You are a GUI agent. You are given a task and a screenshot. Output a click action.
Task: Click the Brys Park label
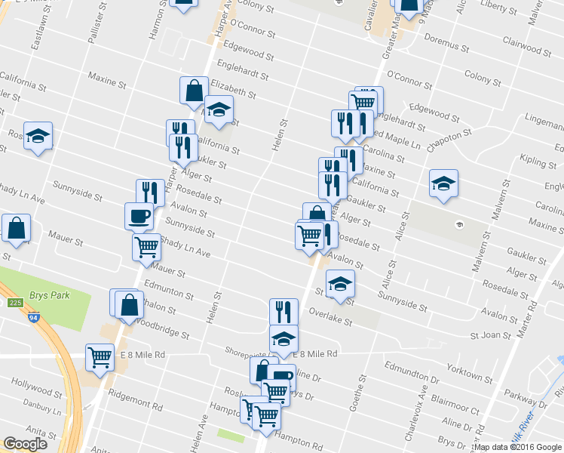coord(51,295)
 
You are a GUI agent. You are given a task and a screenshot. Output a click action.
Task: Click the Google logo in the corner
coord(25,444)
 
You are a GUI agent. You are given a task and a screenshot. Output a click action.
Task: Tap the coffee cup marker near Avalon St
coord(139,216)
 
